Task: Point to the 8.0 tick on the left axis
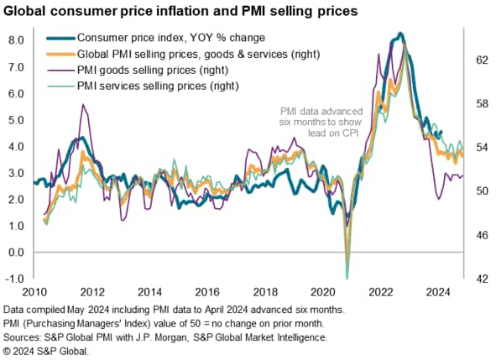[17, 39]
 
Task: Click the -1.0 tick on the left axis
[15, 279]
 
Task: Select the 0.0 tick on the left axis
[17, 252]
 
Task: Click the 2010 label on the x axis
[34, 292]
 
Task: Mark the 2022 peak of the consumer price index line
[400, 34]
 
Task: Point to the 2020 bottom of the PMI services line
[347, 277]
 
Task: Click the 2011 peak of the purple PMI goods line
[82, 105]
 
